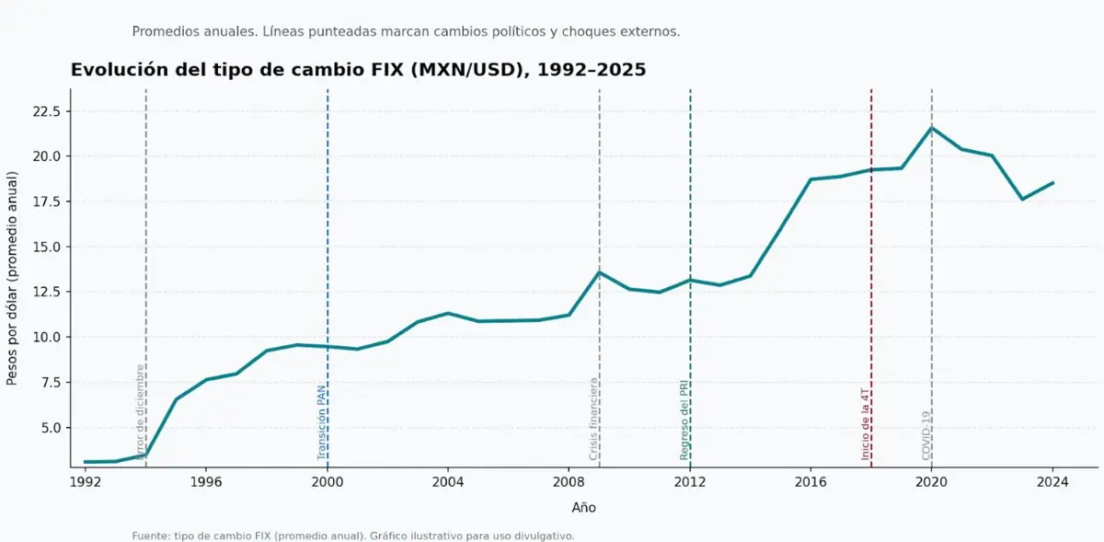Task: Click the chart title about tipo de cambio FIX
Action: pyautogui.click(x=358, y=70)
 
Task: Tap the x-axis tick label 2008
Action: pyautogui.click(x=569, y=481)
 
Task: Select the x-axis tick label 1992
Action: pyautogui.click(x=85, y=481)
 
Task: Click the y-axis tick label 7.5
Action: pyautogui.click(x=49, y=383)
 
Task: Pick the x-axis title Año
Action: pyautogui.click(x=583, y=507)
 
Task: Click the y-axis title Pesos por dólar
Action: pyautogui.click(x=13, y=278)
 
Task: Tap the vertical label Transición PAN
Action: pyautogui.click(x=321, y=422)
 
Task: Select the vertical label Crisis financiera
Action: pyautogui.click(x=593, y=419)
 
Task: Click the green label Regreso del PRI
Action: pyautogui.click(x=684, y=420)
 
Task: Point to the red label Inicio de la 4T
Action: pyautogui.click(x=866, y=423)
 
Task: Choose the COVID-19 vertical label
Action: pyautogui.click(x=926, y=435)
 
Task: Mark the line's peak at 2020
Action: pyautogui.click(x=931, y=128)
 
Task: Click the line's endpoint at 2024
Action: pyautogui.click(x=1052, y=182)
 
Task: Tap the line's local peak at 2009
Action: pyautogui.click(x=599, y=272)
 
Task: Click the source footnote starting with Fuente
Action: pyautogui.click(x=353, y=536)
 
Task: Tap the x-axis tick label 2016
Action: pyautogui.click(x=811, y=481)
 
